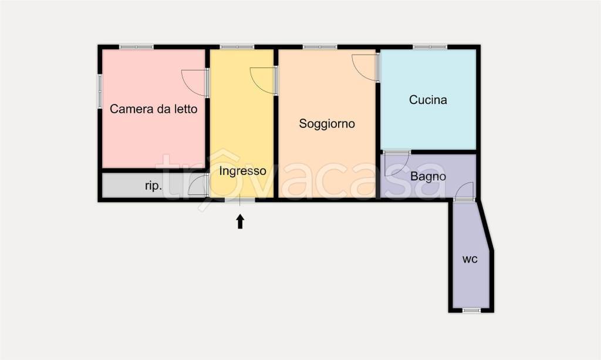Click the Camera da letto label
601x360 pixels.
coord(154,109)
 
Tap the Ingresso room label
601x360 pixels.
coord(242,171)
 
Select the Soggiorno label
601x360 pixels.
coord(327,124)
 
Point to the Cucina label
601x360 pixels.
coord(428,100)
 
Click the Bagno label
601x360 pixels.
coord(428,176)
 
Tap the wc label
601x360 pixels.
coord(469,258)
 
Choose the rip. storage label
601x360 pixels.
coord(153,186)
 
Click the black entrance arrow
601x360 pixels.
coord(240,221)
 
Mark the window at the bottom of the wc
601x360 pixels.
coord(471,309)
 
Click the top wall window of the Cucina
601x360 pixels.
coord(429,47)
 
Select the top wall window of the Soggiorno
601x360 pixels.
coord(320,47)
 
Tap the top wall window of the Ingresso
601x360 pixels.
coord(237,47)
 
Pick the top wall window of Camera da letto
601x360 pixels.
coord(136,47)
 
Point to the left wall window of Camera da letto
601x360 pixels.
coord(99,90)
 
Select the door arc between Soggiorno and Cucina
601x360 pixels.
coord(365,68)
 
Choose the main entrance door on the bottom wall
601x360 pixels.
coord(240,200)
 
